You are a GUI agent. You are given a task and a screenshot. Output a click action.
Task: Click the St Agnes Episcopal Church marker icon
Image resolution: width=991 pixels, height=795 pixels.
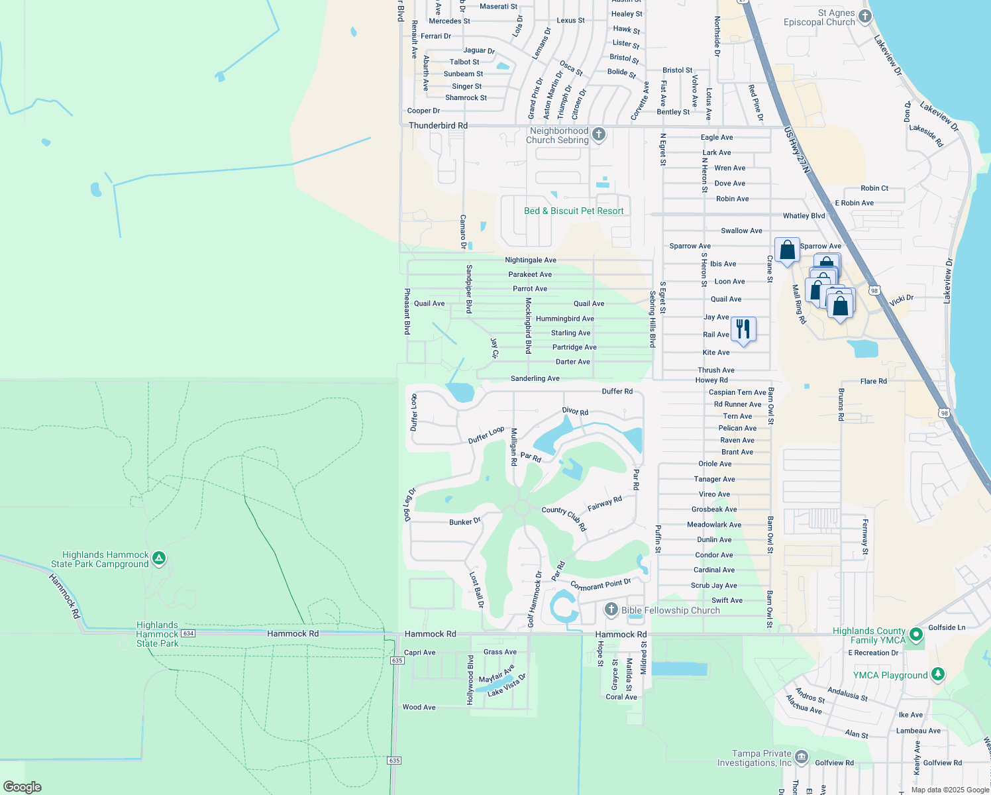864,15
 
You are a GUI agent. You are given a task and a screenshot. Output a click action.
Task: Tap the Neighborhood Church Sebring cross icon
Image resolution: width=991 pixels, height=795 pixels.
599,135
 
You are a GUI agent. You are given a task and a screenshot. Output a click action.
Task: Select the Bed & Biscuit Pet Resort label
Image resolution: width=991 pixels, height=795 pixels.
574,211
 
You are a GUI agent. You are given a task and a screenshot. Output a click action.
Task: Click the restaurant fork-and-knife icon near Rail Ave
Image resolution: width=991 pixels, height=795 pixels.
743,329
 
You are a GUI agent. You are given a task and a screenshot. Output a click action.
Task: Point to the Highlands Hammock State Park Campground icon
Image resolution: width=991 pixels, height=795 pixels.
159,558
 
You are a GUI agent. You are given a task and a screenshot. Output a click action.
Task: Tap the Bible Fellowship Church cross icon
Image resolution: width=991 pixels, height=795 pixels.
611,609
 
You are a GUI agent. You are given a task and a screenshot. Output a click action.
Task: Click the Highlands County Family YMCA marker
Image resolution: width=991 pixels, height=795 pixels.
916,635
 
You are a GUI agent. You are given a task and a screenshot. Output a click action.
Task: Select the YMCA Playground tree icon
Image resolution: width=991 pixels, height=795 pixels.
937,674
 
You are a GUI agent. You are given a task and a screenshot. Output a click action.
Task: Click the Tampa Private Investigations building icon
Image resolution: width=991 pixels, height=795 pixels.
802,757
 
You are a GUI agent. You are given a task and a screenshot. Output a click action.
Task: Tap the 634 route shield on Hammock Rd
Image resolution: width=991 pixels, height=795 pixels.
188,633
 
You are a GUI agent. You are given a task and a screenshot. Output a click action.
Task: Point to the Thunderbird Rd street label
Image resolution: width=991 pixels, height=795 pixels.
438,125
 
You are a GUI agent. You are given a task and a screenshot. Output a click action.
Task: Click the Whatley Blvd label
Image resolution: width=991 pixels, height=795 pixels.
804,216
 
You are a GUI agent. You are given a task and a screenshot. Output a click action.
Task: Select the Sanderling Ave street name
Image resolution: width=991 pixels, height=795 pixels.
535,378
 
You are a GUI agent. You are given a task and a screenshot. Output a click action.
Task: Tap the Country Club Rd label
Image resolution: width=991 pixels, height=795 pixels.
564,518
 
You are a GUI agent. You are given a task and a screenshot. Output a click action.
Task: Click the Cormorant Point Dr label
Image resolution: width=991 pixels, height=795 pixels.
600,585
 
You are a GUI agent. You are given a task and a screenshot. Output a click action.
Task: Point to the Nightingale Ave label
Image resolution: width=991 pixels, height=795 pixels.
530,260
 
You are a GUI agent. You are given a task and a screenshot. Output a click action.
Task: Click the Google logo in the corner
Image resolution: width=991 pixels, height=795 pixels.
22,786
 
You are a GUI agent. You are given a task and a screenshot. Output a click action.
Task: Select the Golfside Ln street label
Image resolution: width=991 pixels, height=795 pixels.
947,627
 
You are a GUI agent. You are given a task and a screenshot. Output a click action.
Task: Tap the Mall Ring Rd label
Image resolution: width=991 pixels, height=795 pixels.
799,304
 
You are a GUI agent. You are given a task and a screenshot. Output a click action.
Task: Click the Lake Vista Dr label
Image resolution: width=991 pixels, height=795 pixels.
507,685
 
